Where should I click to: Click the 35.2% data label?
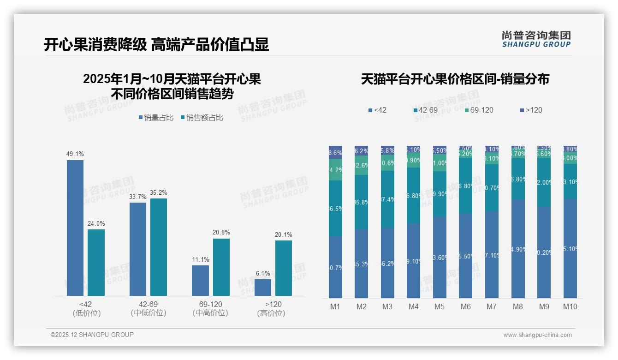[x=158, y=193]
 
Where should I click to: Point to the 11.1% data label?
[x=201, y=260]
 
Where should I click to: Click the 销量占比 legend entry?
[x=156, y=118]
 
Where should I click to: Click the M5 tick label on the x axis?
[x=440, y=306]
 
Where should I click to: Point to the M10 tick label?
[x=570, y=306]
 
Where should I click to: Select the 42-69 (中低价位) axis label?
[x=149, y=308]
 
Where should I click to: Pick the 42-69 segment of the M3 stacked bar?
[x=388, y=199]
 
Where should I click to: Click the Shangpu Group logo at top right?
[x=536, y=39]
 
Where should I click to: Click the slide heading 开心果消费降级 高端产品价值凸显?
[x=156, y=45]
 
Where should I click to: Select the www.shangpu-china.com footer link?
[x=537, y=335]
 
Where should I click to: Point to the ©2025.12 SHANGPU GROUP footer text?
[x=92, y=335]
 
